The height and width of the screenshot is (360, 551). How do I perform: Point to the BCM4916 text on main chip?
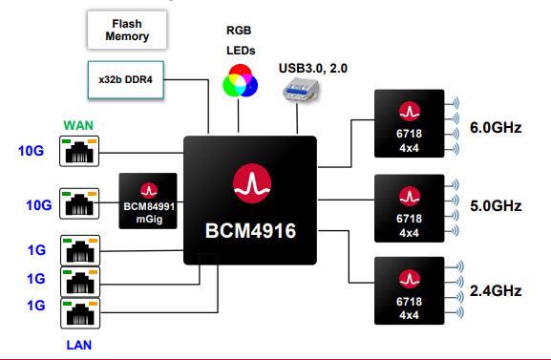click(x=249, y=232)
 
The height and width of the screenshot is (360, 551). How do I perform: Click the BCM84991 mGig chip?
click(x=149, y=200)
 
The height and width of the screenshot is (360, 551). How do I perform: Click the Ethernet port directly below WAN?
click(x=79, y=151)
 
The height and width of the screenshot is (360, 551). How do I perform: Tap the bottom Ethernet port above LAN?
click(x=79, y=313)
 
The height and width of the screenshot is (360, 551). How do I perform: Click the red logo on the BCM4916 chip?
click(x=249, y=181)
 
